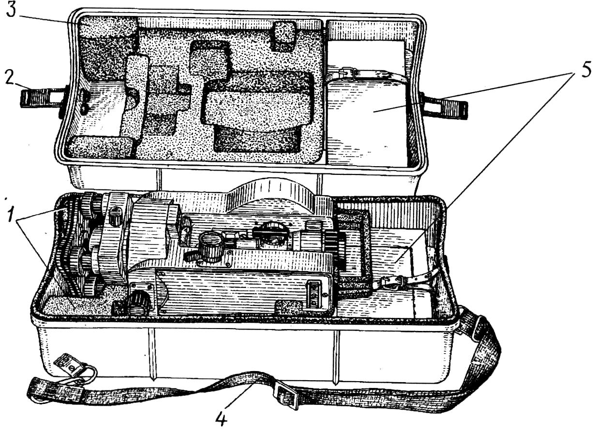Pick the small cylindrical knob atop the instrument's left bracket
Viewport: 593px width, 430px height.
tap(115, 215)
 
